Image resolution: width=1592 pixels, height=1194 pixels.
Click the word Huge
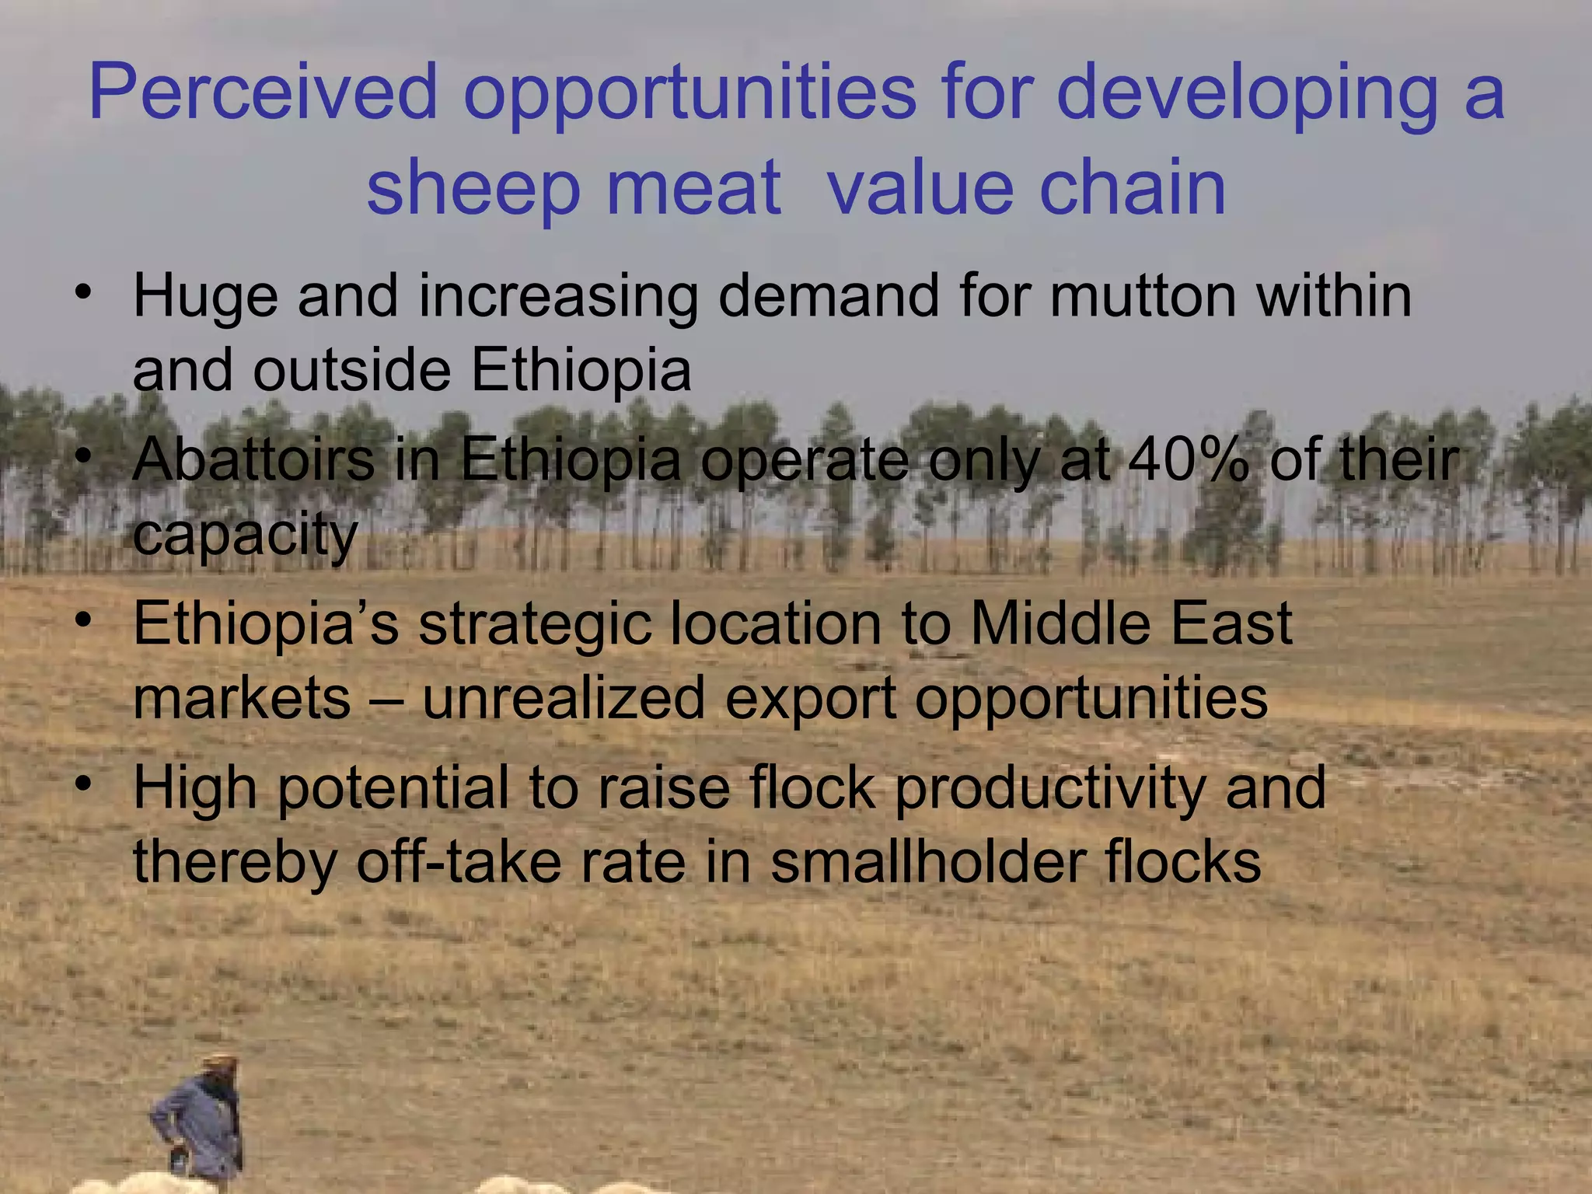coord(205,298)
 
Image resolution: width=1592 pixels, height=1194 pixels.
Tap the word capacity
coord(246,536)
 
